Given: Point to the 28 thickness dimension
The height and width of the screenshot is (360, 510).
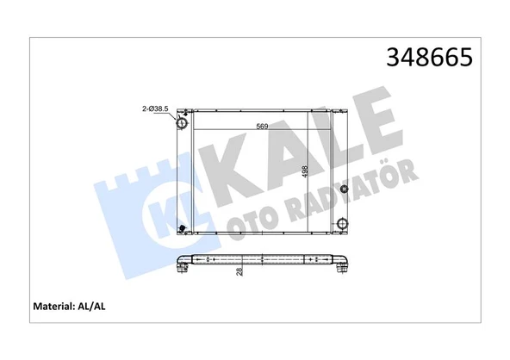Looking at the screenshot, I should (x=240, y=270).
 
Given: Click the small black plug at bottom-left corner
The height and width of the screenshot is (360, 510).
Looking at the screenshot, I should (x=182, y=229).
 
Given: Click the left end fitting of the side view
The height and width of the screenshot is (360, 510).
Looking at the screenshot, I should (x=182, y=268).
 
